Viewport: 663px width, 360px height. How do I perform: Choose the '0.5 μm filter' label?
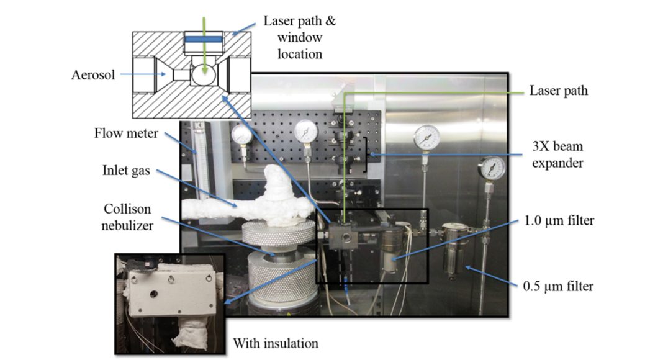pos(558,286)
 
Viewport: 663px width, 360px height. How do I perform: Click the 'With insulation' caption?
pos(275,343)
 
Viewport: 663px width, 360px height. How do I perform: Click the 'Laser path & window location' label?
pos(300,37)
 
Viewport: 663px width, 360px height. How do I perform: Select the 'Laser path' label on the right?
pos(558,91)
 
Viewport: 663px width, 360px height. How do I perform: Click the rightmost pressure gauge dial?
pos(492,168)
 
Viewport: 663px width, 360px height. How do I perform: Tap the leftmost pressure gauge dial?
pos(241,134)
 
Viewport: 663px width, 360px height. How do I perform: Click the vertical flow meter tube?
pos(197,168)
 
